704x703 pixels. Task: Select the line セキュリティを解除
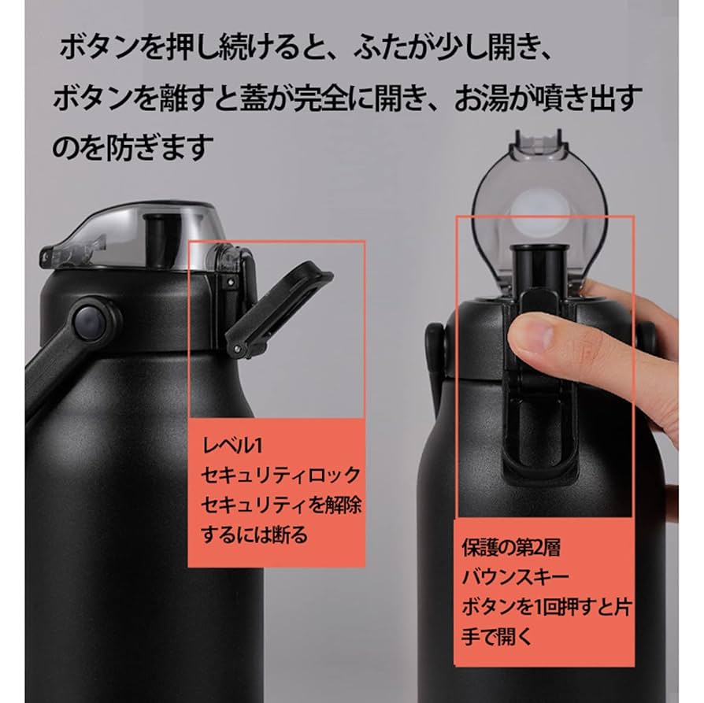(281, 505)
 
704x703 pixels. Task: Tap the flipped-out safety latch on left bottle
(283, 303)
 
